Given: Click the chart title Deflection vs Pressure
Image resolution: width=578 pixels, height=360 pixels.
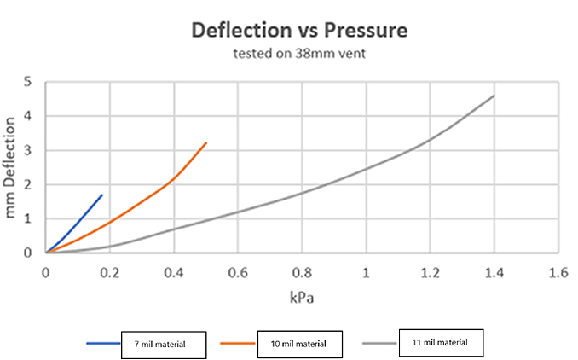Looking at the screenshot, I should (299, 31).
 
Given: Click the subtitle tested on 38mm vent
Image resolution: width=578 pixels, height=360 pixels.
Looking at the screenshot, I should (299, 55).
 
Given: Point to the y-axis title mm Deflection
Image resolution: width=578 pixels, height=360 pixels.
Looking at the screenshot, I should (12, 167).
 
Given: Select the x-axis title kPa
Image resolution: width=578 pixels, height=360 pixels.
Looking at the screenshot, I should (303, 298).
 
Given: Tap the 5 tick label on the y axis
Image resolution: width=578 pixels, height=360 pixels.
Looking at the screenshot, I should (28, 82).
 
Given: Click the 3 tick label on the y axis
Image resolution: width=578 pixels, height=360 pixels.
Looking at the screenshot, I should (28, 150).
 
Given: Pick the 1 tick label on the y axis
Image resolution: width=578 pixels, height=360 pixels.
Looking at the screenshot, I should (28, 218).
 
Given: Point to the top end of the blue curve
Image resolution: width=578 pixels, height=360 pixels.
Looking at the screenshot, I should (102, 195).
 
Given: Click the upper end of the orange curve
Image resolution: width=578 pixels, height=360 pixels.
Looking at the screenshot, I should (206, 142).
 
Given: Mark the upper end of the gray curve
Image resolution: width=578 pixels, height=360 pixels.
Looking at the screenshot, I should (494, 96).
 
